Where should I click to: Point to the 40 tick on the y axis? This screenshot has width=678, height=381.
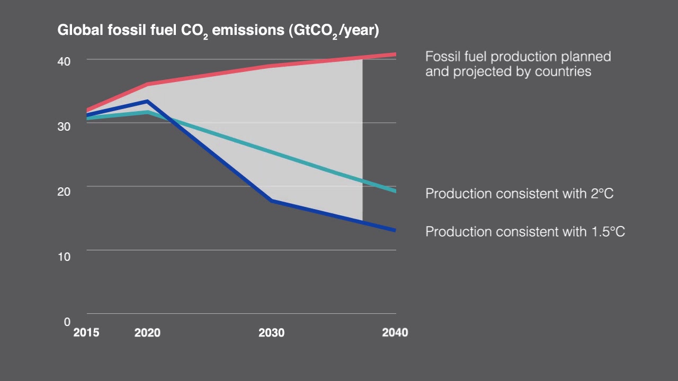point(64,61)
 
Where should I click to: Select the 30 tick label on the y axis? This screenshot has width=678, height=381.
point(64,126)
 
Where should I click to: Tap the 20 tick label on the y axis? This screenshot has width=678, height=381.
point(64,191)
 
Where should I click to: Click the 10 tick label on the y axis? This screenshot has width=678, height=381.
point(64,256)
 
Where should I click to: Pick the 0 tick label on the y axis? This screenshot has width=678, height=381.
point(67,321)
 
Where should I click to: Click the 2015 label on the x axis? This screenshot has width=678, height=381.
point(86,333)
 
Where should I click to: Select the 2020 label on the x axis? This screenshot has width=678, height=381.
point(147,333)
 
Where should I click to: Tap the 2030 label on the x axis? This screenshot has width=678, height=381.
point(271,333)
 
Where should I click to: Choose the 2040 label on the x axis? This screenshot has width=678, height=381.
point(395,333)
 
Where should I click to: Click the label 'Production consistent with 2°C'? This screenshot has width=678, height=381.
point(519,194)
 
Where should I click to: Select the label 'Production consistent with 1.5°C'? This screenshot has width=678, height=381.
point(525,232)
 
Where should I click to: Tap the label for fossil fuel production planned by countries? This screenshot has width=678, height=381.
point(518,64)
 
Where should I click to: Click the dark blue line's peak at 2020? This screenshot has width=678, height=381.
point(147,101)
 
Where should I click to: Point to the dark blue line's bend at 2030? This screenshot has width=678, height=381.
point(271,201)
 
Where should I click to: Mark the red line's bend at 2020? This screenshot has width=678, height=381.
point(147,84)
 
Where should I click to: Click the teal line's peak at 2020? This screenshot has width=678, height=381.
point(147,112)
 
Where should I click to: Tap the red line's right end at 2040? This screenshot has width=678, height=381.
point(395,54)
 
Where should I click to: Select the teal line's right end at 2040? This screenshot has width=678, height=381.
point(395,191)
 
